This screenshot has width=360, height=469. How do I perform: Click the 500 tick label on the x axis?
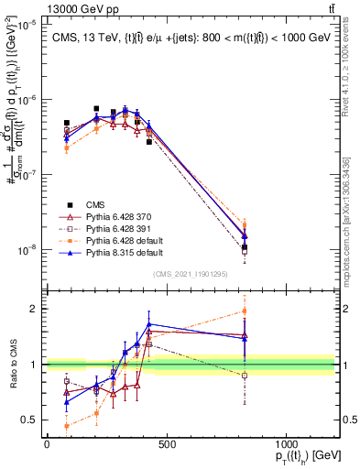coord(166,444)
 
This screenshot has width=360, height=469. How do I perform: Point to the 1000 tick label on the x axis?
coord(286,444)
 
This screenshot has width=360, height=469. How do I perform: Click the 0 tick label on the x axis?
coord(47,444)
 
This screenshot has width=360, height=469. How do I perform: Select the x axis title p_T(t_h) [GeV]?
coord(303,456)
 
